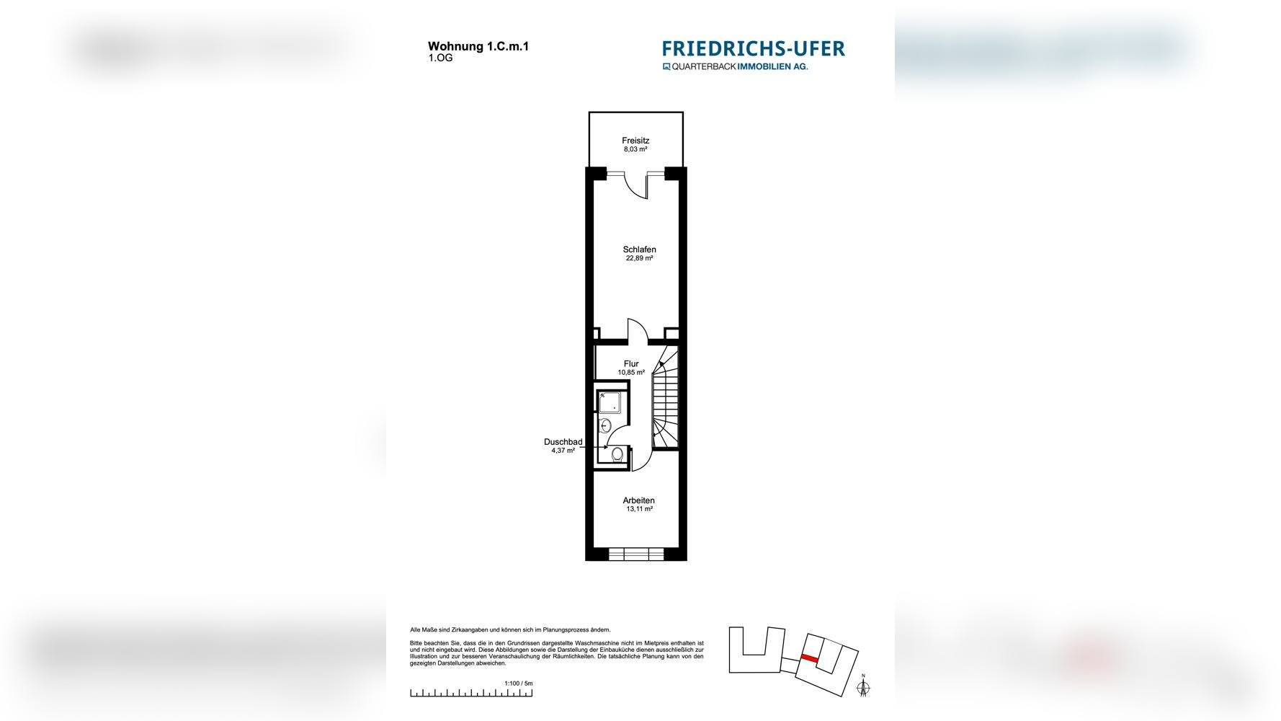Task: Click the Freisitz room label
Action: tap(635, 141)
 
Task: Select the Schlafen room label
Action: tap(639, 249)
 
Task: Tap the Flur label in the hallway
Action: tap(631, 364)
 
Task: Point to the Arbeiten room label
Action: tap(639, 500)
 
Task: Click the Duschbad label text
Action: tap(563, 442)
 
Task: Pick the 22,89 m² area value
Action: tap(639, 258)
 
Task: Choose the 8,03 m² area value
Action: tap(635, 149)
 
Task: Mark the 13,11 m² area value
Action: tap(639, 509)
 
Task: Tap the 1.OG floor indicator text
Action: tap(440, 58)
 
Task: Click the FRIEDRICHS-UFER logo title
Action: tap(753, 48)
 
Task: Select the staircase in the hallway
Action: tap(666, 407)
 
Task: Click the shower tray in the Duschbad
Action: tap(610, 402)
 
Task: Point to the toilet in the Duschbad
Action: tap(617, 454)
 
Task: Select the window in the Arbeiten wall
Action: tap(635, 554)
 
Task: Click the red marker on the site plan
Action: tap(810, 658)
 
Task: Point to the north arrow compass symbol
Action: tap(862, 688)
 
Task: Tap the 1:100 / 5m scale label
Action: tap(518, 683)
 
